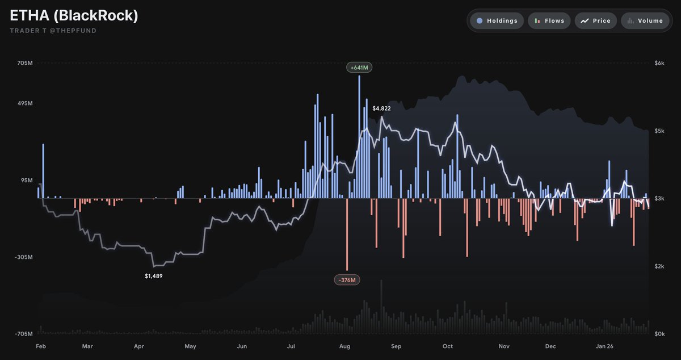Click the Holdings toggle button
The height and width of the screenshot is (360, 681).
coord(497,21)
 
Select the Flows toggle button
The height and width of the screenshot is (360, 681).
coord(549,21)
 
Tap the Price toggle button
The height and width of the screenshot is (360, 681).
coord(595,21)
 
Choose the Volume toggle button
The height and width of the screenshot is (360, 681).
coord(644,21)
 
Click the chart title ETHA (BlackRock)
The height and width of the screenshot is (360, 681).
coord(74,15)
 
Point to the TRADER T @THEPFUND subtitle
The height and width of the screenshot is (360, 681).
coord(53,31)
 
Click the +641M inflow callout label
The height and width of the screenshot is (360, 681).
coord(359,68)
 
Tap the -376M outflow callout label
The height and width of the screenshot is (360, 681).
coord(347,279)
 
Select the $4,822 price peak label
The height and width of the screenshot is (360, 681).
coord(381,108)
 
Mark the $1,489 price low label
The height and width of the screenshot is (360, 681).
coord(154,276)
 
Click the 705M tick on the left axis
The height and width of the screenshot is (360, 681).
coord(25,63)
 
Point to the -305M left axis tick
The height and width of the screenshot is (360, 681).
coord(24,257)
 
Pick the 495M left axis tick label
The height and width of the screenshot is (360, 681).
coord(25,104)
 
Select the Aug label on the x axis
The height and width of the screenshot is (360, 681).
coord(344,346)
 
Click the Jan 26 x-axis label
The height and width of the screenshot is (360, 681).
coord(604,346)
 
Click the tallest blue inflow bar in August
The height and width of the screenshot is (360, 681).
coord(359,136)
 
